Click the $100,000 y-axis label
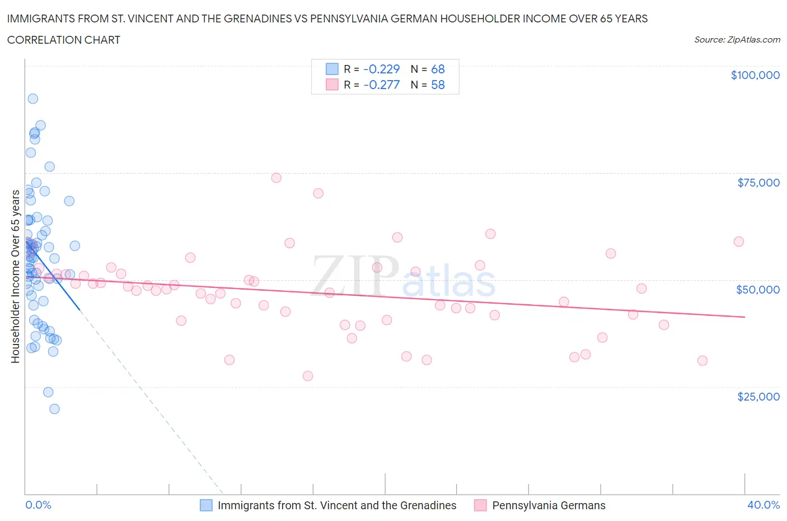click(x=755, y=75)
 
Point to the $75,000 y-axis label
click(x=758, y=183)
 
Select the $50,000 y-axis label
click(x=758, y=290)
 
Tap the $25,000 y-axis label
click(x=758, y=397)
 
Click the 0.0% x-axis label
click(x=38, y=505)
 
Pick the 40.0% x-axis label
click(x=763, y=505)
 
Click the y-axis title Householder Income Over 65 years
click(x=15, y=276)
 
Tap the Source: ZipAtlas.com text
click(x=737, y=40)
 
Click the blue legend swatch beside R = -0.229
click(x=332, y=69)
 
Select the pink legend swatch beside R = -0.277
click(x=332, y=85)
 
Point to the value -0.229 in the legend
click(x=382, y=69)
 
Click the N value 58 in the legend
click(x=438, y=85)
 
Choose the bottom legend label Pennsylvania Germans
click(x=549, y=505)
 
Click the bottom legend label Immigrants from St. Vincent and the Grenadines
click(x=337, y=505)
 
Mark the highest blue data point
click(x=33, y=99)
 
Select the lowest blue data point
click(x=54, y=409)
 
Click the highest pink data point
click(x=276, y=178)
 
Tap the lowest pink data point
click(x=307, y=376)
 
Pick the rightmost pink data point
click(x=738, y=241)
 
